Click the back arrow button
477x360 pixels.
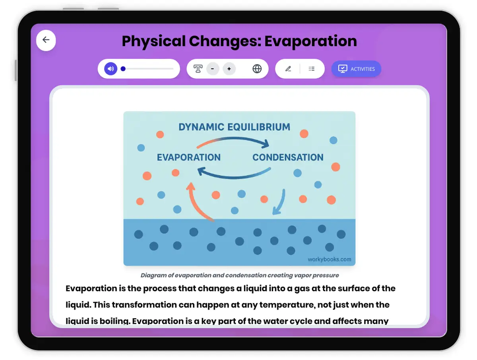point(46,40)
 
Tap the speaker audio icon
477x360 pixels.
point(111,69)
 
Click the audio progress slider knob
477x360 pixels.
point(123,69)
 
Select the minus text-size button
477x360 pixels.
point(213,69)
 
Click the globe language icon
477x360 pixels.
point(257,69)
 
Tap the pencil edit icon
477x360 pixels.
point(288,69)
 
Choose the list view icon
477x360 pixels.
point(312,69)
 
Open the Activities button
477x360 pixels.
point(356,69)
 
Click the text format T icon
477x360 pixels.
point(198,69)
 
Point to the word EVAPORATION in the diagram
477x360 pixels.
point(189,157)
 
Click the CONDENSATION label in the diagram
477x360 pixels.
point(288,157)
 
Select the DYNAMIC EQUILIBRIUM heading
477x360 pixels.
point(234,127)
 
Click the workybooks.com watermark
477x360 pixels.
point(329,259)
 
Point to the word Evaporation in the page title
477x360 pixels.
point(310,41)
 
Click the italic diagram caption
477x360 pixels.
point(240,275)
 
